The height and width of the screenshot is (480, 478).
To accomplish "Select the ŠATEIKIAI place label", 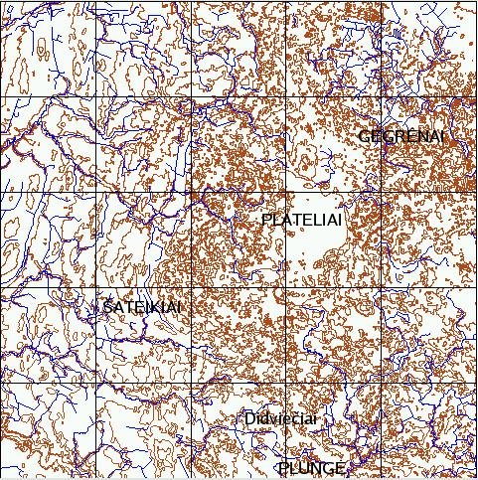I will tap(142, 308).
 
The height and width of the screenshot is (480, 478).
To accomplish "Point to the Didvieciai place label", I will tap(280, 419).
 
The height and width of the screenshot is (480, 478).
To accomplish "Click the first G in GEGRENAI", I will tap(365, 135).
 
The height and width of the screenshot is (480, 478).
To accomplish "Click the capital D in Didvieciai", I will tap(249, 419).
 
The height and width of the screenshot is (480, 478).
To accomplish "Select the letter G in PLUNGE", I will tap(329, 468).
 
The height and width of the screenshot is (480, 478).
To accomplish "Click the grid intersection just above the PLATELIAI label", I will tap(286, 193).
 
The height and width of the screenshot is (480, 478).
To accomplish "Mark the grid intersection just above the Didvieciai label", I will tap(286, 384).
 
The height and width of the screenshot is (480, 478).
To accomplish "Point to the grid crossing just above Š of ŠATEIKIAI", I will tap(95, 288).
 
